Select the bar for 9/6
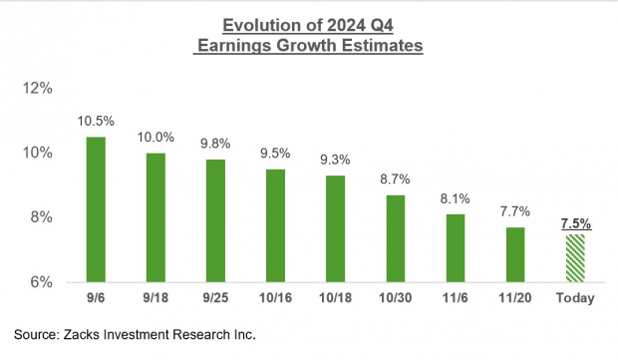96,209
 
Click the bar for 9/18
156,217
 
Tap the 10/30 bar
396,238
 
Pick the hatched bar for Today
575,258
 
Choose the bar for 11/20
515,254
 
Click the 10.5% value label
96,121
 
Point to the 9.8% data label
216,144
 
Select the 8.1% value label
456,198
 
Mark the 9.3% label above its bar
336,160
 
